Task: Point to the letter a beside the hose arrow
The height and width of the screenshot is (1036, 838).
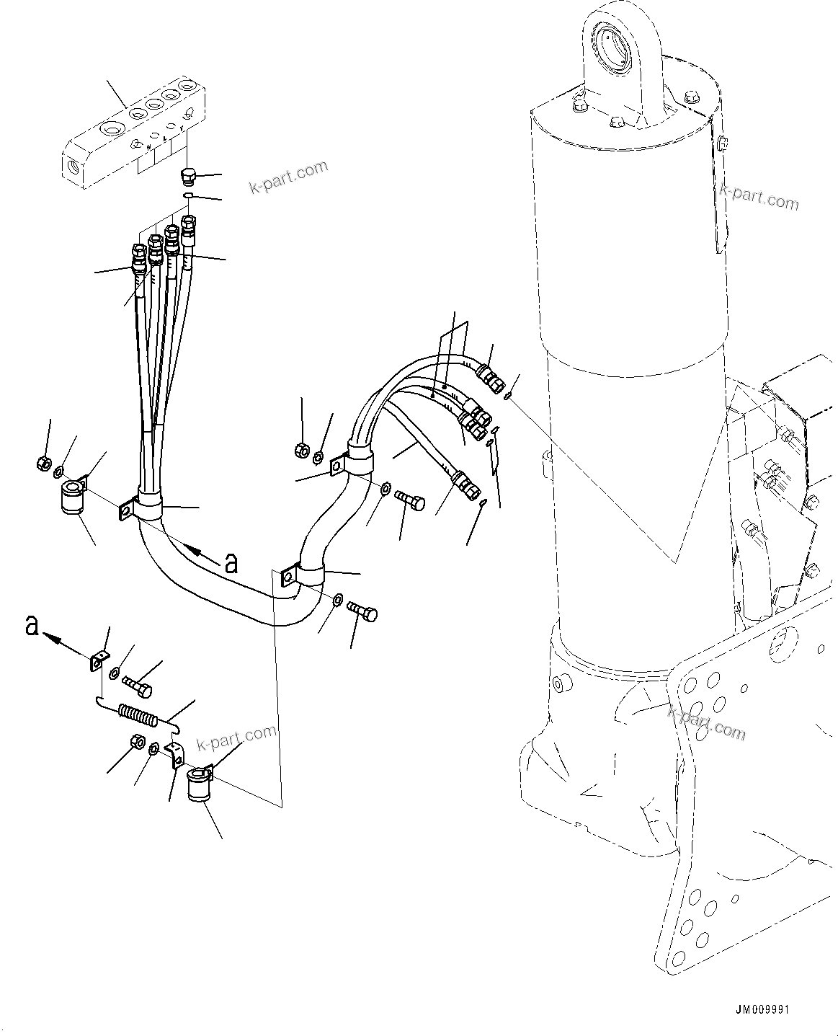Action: (231, 563)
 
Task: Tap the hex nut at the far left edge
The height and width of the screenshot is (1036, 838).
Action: (43, 461)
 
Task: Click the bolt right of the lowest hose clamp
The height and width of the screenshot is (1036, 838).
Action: (362, 611)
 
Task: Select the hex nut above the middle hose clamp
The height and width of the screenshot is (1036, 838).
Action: (302, 451)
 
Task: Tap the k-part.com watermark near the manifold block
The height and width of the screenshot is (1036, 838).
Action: (288, 177)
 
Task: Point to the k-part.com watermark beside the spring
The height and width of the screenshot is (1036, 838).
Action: (237, 739)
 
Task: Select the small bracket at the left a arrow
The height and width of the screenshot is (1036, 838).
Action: (99, 660)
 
